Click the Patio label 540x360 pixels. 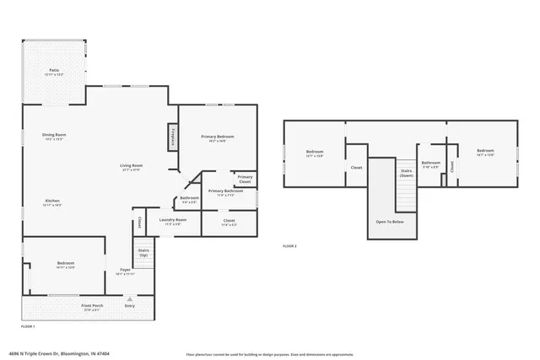[x=53, y=71]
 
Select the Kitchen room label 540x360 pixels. [x=51, y=201]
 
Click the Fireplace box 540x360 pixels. [x=173, y=137]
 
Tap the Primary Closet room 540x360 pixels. [x=245, y=180]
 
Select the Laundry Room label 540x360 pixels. [x=172, y=222]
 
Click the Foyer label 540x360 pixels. [x=124, y=271]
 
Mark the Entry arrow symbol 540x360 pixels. [x=129, y=299]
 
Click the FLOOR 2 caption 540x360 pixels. [x=289, y=245]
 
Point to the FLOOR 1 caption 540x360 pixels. [x=28, y=325]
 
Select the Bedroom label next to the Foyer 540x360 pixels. [x=66, y=265]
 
